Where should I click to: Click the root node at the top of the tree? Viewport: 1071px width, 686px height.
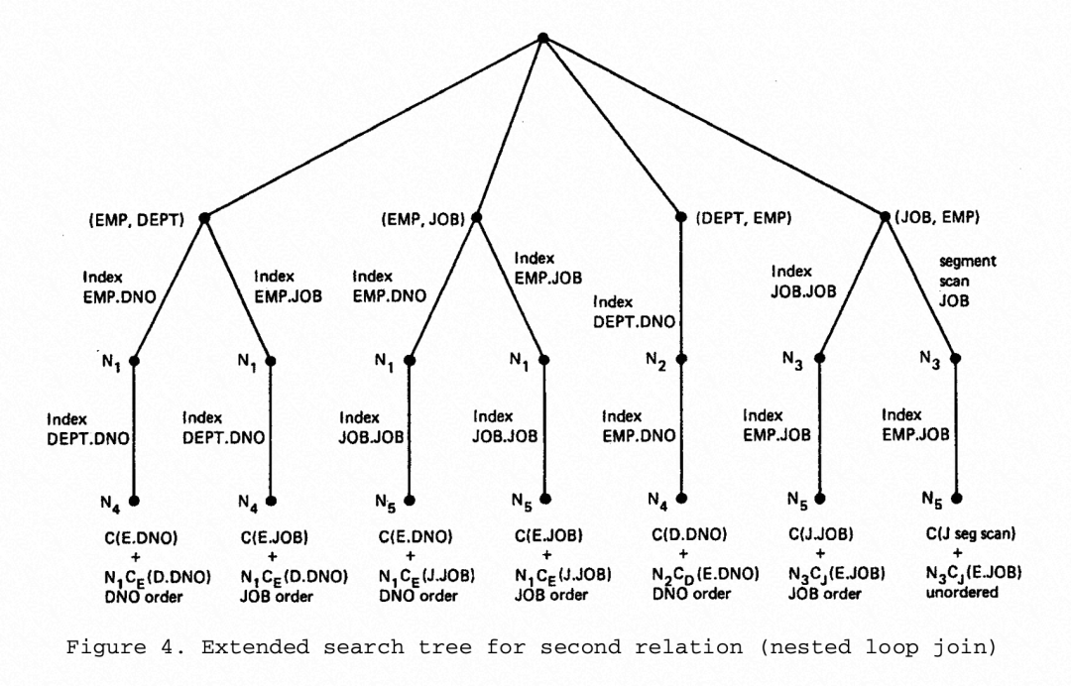coord(542,38)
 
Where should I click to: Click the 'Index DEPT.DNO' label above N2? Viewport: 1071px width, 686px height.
coord(635,310)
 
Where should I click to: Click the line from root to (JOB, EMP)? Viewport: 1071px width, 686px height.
coord(714,127)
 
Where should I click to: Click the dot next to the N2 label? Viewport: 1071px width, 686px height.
coord(682,361)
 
